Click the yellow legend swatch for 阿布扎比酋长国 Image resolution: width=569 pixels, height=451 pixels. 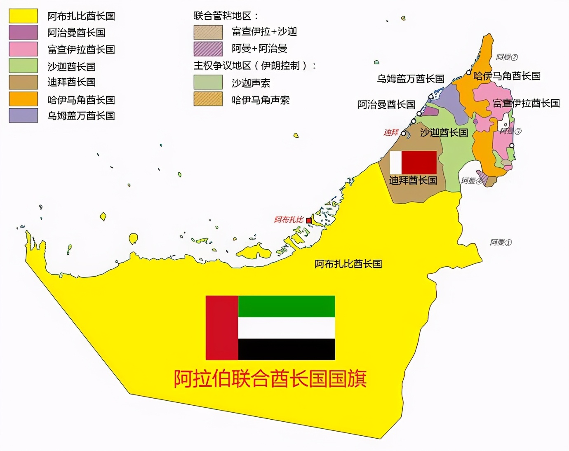[23, 16]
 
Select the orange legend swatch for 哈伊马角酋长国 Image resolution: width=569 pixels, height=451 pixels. [23, 99]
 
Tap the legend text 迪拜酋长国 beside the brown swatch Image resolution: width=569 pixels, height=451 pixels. [71, 82]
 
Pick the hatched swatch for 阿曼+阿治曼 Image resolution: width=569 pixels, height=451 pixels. [208, 49]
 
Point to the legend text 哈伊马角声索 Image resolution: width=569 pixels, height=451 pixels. [261, 100]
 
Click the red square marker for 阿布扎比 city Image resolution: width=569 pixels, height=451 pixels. [309, 221]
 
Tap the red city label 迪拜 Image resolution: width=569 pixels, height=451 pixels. [391, 132]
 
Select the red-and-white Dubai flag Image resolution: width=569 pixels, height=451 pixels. [413, 162]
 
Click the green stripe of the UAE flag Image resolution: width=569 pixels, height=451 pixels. [287, 306]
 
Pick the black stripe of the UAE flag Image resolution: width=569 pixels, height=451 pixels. [287, 349]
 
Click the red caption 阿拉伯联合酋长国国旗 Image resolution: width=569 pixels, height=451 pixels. [270, 378]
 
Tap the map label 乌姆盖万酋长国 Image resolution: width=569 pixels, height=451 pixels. [411, 79]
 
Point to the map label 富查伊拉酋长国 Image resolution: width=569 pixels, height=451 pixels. [526, 103]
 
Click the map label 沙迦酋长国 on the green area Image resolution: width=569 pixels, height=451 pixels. [444, 132]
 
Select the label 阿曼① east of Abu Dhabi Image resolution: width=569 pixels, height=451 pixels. [501, 242]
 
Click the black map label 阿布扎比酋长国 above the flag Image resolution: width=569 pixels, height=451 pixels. [348, 264]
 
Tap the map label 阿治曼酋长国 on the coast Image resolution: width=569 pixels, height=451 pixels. [386, 105]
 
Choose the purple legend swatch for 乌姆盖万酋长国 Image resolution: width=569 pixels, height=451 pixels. [23, 115]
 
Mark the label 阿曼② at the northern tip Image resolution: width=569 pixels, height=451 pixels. [507, 57]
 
